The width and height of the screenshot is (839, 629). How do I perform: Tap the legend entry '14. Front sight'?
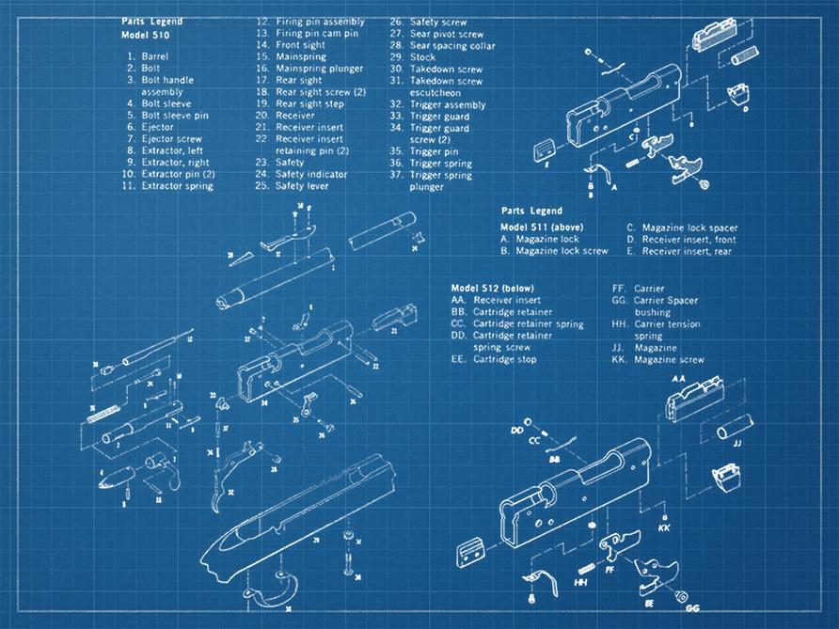[x=293, y=45]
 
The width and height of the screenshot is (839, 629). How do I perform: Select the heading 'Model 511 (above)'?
[x=541, y=228]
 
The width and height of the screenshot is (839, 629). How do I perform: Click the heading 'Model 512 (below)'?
[x=489, y=288]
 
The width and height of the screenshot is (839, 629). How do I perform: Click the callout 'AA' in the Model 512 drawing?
[x=679, y=378]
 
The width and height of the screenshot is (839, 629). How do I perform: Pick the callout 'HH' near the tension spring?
[x=580, y=583]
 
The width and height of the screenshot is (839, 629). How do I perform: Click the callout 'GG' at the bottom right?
[x=692, y=608]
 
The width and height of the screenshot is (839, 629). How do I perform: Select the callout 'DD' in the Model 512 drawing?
[x=516, y=430]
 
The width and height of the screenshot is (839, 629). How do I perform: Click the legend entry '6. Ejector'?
[x=150, y=127]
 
